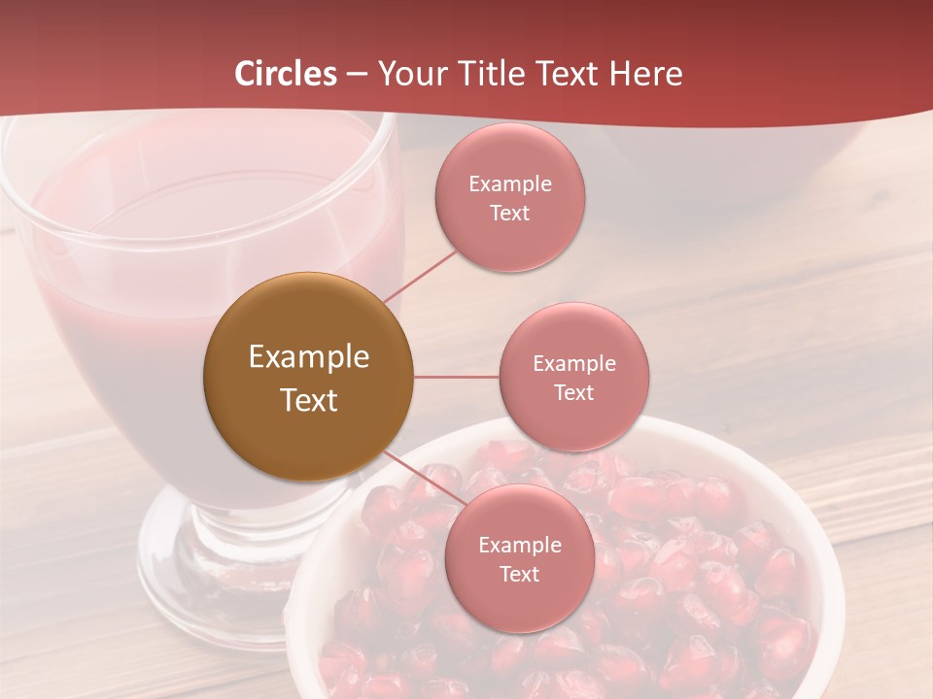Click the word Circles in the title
(x=285, y=74)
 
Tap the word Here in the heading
(x=645, y=74)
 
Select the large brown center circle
(x=308, y=378)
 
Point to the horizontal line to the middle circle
(x=457, y=377)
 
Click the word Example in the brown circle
(x=308, y=357)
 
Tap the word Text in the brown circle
(x=308, y=400)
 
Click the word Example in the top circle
(x=509, y=184)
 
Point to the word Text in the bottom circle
(x=519, y=575)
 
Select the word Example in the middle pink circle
(x=573, y=364)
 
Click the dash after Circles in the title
(x=357, y=75)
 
